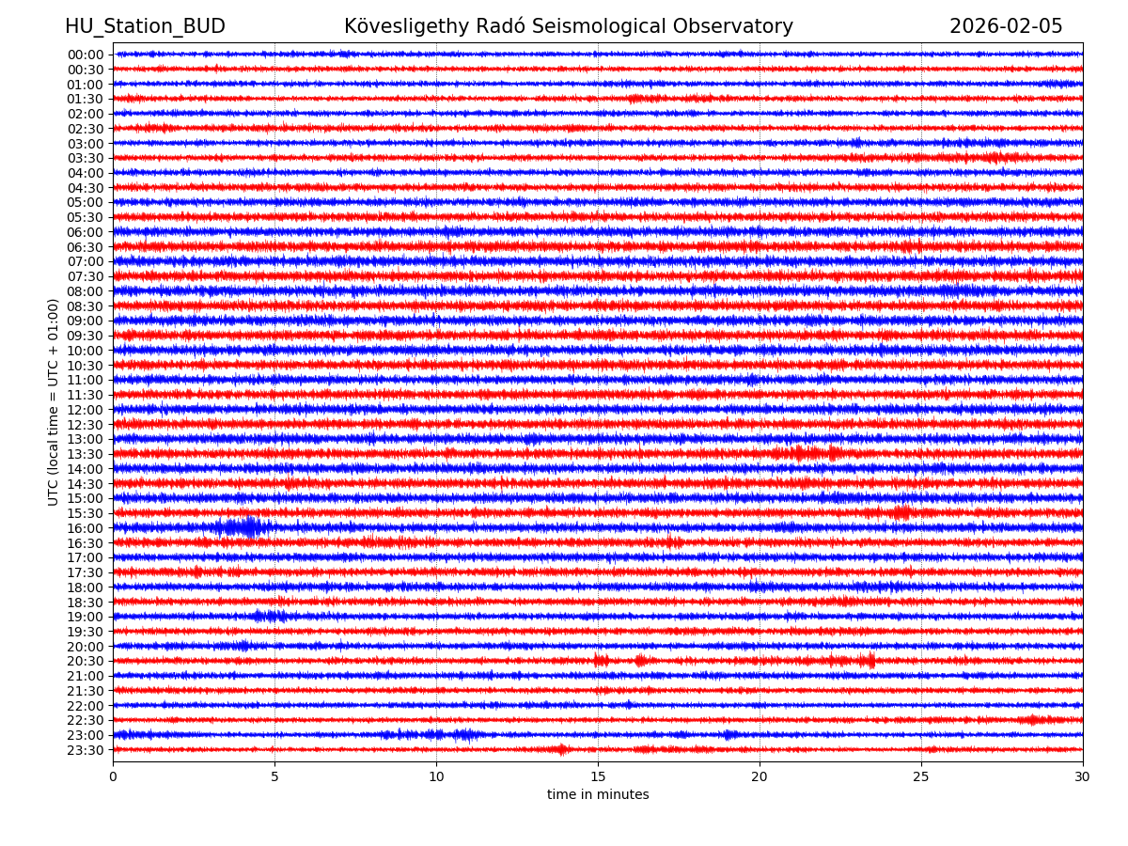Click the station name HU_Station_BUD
[145, 26]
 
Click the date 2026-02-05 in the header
[1006, 26]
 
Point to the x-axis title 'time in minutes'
[598, 794]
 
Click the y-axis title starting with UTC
[54, 401]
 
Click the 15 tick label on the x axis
[598, 776]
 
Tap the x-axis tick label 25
[921, 776]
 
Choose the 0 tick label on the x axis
[113, 776]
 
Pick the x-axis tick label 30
[1083, 776]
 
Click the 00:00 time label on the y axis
[86, 55]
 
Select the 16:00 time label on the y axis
[86, 528]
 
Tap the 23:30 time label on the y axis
[86, 750]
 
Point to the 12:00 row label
[86, 410]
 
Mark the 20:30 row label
[86, 661]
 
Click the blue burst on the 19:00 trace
[270, 616]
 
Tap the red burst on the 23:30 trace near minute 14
[561, 749]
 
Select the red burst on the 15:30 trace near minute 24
[901, 512]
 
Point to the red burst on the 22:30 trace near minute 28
[1032, 720]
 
